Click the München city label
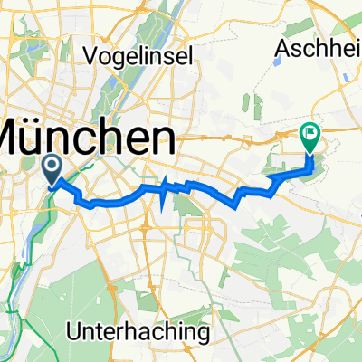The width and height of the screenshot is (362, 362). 86,141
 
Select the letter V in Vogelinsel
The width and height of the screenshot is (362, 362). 90,55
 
